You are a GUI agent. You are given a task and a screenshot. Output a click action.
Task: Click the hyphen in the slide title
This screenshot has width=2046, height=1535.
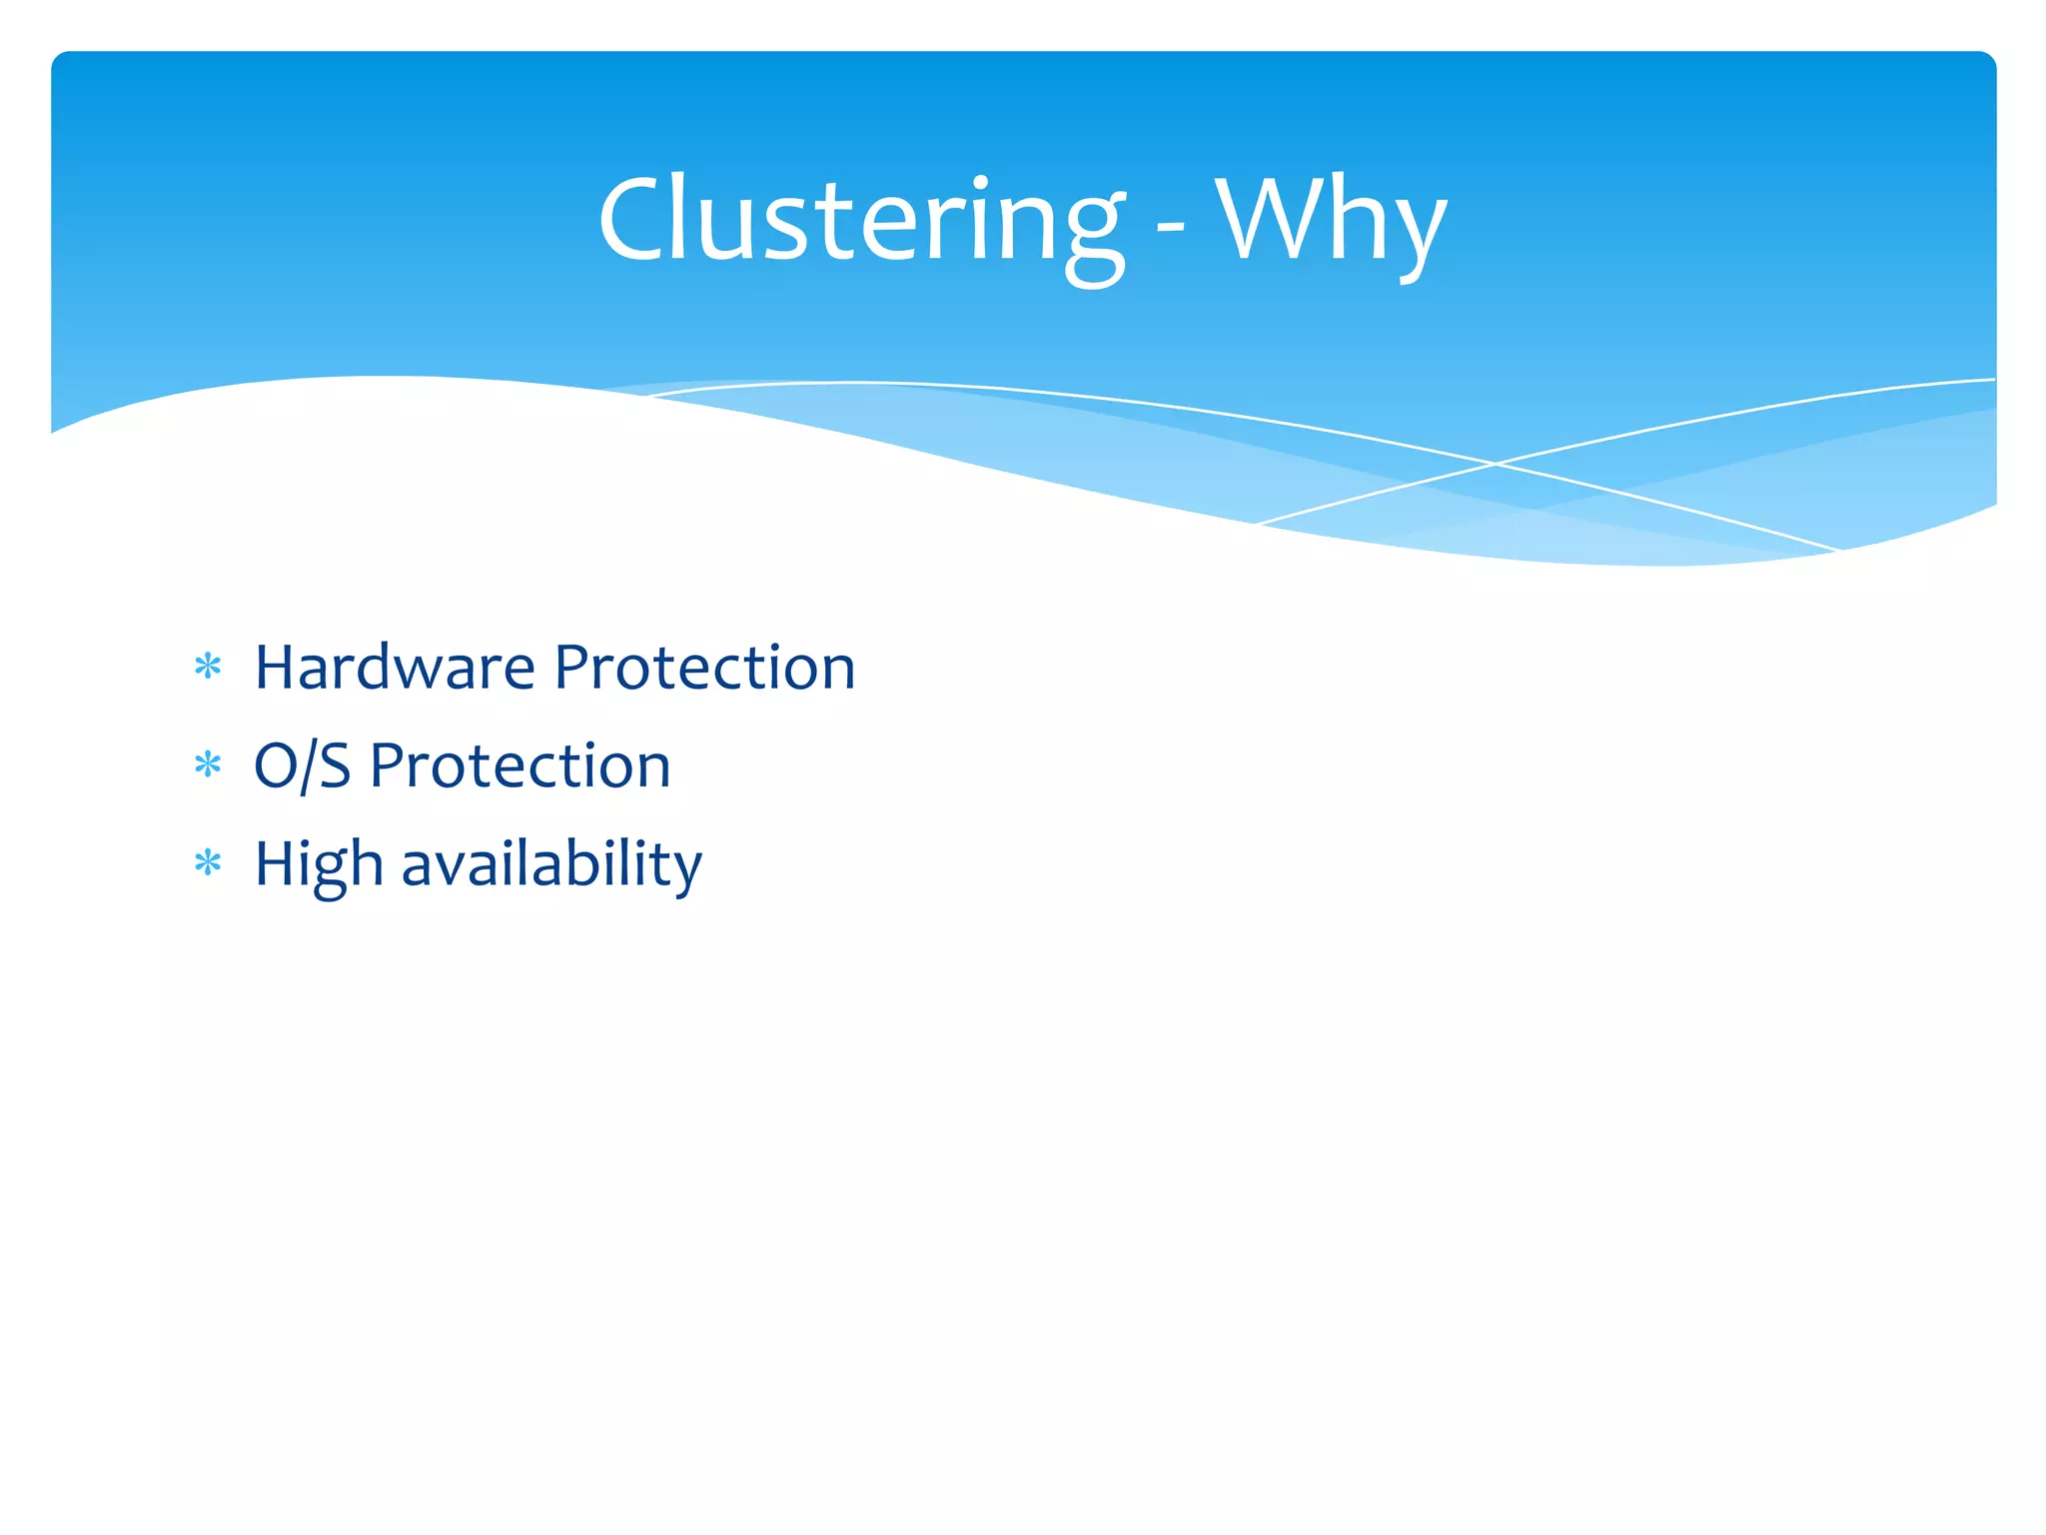1170,234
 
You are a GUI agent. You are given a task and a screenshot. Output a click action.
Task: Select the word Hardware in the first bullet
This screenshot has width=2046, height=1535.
394,668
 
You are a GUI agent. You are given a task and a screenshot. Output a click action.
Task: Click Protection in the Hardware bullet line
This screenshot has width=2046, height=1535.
704,668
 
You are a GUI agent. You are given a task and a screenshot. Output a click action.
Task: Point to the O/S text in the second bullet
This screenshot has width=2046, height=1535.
302,767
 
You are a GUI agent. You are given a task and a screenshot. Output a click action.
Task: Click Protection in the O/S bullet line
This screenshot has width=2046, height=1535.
519,767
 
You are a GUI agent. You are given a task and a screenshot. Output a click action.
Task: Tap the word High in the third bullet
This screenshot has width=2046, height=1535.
319,865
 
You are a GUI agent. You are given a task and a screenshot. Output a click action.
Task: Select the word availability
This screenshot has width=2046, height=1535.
551,865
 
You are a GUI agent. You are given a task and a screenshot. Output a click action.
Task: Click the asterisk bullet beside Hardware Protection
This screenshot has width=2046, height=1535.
208,667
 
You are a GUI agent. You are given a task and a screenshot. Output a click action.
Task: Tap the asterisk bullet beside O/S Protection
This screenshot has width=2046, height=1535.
208,766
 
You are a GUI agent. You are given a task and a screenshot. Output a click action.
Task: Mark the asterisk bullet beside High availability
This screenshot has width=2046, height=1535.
208,862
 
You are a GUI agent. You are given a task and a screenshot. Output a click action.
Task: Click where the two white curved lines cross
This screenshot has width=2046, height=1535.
1496,464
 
